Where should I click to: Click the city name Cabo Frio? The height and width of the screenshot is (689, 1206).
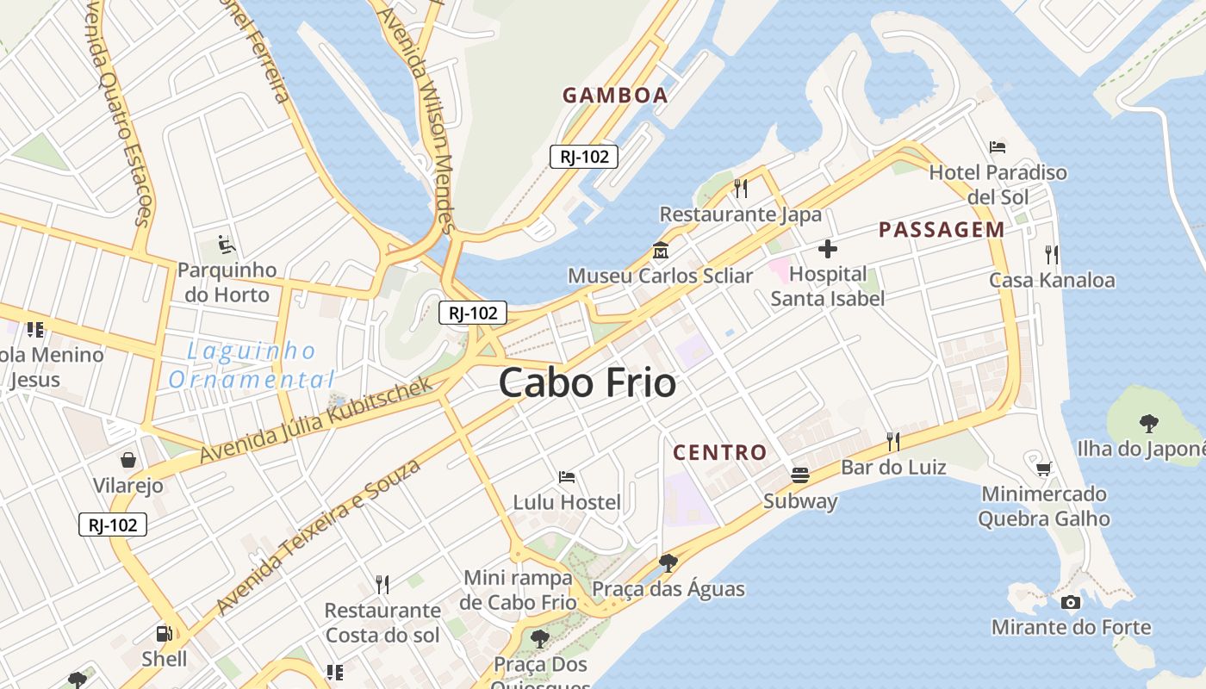(x=587, y=382)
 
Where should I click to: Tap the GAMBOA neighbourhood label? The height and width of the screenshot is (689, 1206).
(x=615, y=96)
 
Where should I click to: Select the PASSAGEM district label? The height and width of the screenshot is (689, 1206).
(x=942, y=230)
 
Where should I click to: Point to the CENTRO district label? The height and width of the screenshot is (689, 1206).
(x=719, y=452)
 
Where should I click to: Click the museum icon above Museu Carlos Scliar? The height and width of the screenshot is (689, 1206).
(x=661, y=251)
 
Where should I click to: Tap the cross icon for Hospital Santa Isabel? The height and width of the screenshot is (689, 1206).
(x=828, y=250)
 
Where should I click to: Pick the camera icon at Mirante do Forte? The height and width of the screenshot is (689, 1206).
(x=1071, y=602)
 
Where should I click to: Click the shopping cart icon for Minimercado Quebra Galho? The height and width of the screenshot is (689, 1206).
(x=1044, y=469)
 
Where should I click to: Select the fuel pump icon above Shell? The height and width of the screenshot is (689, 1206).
(x=164, y=634)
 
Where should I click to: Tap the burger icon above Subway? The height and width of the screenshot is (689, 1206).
(x=800, y=475)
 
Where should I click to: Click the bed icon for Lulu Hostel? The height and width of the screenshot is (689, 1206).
(x=567, y=476)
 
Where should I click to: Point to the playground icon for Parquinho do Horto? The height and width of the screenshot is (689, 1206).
(x=227, y=245)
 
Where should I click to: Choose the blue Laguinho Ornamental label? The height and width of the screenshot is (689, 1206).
(x=252, y=365)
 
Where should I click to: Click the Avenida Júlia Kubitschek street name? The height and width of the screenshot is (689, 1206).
(x=316, y=420)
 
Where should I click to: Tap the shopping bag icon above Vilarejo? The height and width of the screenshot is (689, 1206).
(x=128, y=460)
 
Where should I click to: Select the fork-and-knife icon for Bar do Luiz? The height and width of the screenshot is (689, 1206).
(x=893, y=442)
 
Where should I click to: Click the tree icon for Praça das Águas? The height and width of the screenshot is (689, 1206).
(x=668, y=563)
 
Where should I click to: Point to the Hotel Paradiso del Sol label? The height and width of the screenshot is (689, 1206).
(x=998, y=184)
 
